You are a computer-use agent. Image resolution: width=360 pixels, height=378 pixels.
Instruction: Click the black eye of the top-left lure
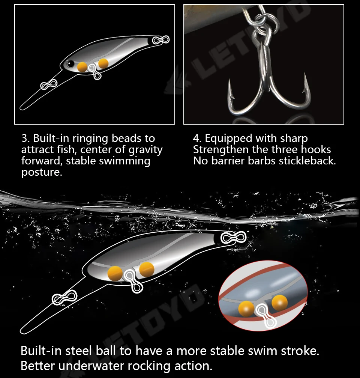pyautogui.click(x=70, y=63)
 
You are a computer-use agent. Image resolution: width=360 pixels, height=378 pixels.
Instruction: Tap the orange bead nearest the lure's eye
pyautogui.click(x=82, y=67)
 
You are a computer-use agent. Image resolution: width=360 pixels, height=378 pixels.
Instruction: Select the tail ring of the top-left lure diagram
pyautogui.click(x=161, y=40)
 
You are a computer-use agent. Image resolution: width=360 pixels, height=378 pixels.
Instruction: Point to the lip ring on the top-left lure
pyautogui.click(x=49, y=84)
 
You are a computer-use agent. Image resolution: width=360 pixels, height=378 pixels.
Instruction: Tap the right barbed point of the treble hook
pyautogui.click(x=306, y=84)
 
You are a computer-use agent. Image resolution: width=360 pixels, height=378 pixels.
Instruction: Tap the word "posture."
pyautogui.click(x=42, y=172)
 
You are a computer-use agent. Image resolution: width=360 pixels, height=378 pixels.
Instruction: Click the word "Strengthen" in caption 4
pyautogui.click(x=221, y=150)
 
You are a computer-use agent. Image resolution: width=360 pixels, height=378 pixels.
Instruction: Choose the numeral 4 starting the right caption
pyautogui.click(x=196, y=139)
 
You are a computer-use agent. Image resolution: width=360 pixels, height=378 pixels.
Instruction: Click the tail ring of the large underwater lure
pyautogui.click(x=233, y=238)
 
